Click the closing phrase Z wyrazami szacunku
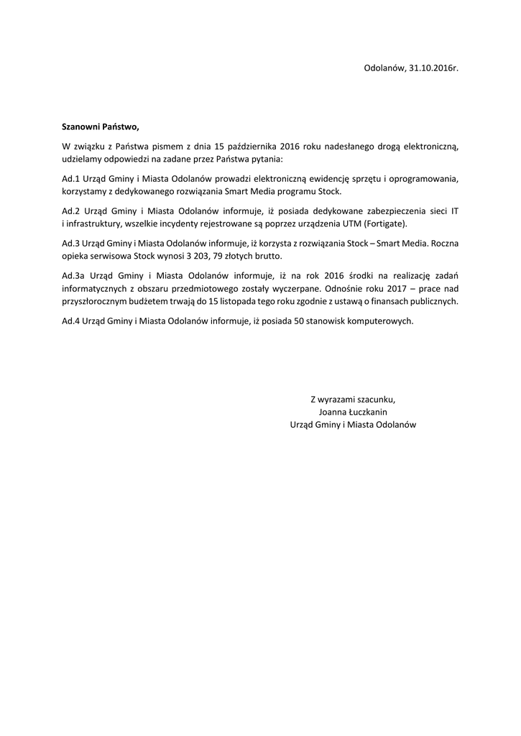click(x=352, y=399)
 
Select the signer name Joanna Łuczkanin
click(x=352, y=412)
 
